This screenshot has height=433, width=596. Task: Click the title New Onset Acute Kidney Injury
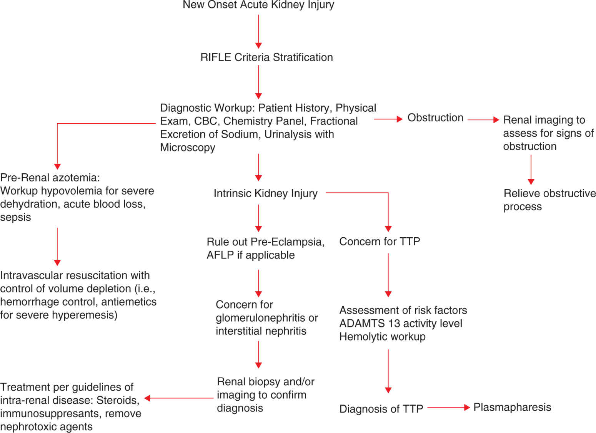[x=258, y=5]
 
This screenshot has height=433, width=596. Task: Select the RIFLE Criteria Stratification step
[x=266, y=57]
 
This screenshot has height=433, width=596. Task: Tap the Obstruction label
[x=435, y=118]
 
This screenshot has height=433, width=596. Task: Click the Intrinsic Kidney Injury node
[x=265, y=193]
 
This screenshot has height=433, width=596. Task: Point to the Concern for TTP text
[x=380, y=242]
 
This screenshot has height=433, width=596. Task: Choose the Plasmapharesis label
[x=512, y=407]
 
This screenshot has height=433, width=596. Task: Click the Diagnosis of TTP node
[x=381, y=409]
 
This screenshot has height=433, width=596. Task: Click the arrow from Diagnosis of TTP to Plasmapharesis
[x=448, y=407]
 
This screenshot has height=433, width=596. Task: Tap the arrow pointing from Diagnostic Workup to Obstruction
[x=388, y=119]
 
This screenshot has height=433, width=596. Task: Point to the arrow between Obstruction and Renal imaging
[x=483, y=120]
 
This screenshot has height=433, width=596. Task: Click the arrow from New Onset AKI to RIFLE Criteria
[x=258, y=31]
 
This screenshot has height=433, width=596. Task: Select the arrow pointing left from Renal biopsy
[x=179, y=398]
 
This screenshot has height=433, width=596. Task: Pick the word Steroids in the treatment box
[x=118, y=400]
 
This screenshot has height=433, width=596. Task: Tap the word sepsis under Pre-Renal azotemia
[x=15, y=217]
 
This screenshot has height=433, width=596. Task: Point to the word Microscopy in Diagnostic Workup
[x=188, y=148]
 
